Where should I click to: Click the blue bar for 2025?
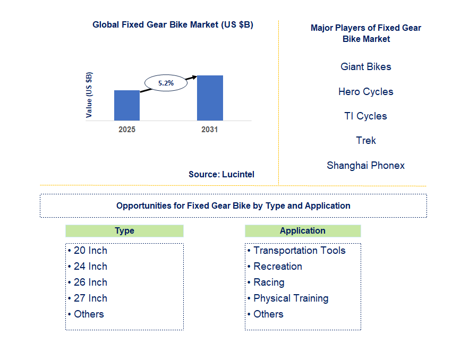click(x=127, y=105)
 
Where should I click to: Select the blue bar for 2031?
click(x=210, y=98)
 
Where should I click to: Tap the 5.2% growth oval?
click(x=166, y=83)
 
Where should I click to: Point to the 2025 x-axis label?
click(x=127, y=130)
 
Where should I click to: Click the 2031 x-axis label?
click(x=210, y=130)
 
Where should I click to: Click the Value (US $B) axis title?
click(x=89, y=95)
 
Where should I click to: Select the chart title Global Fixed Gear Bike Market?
click(x=173, y=24)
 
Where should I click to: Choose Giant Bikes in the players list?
click(x=365, y=67)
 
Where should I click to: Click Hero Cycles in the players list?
click(x=365, y=92)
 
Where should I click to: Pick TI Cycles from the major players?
click(x=365, y=116)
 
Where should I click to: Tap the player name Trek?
click(x=366, y=141)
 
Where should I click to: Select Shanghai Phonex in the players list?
click(x=365, y=166)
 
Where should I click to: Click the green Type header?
click(x=124, y=231)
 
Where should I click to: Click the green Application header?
click(x=303, y=231)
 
